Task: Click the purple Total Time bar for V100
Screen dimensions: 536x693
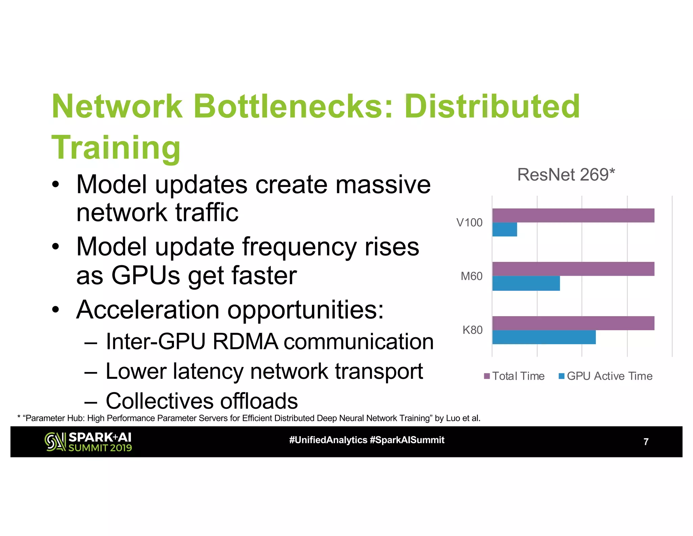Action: tap(573, 215)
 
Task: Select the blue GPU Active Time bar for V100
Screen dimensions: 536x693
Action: tap(505, 229)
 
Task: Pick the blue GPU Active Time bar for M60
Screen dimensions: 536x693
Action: tap(526, 283)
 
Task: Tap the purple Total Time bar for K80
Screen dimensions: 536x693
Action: tap(573, 323)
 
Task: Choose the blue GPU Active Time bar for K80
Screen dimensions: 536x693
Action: tap(544, 337)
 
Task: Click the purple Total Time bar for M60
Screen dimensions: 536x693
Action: tap(573, 269)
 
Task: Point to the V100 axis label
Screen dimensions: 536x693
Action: tap(469, 223)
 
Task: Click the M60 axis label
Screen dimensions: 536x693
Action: tap(471, 276)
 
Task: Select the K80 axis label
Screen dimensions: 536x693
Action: tap(472, 330)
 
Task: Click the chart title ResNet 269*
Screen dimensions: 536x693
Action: tap(566, 175)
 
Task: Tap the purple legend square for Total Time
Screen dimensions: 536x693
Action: tap(487, 376)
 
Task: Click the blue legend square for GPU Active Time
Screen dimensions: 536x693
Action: tap(561, 376)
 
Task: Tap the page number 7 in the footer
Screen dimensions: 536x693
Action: tap(646, 442)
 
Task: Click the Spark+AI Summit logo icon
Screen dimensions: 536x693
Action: tap(55, 442)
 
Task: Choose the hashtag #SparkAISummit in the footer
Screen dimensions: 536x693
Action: tap(407, 440)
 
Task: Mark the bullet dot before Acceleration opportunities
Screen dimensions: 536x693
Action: tap(56, 309)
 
